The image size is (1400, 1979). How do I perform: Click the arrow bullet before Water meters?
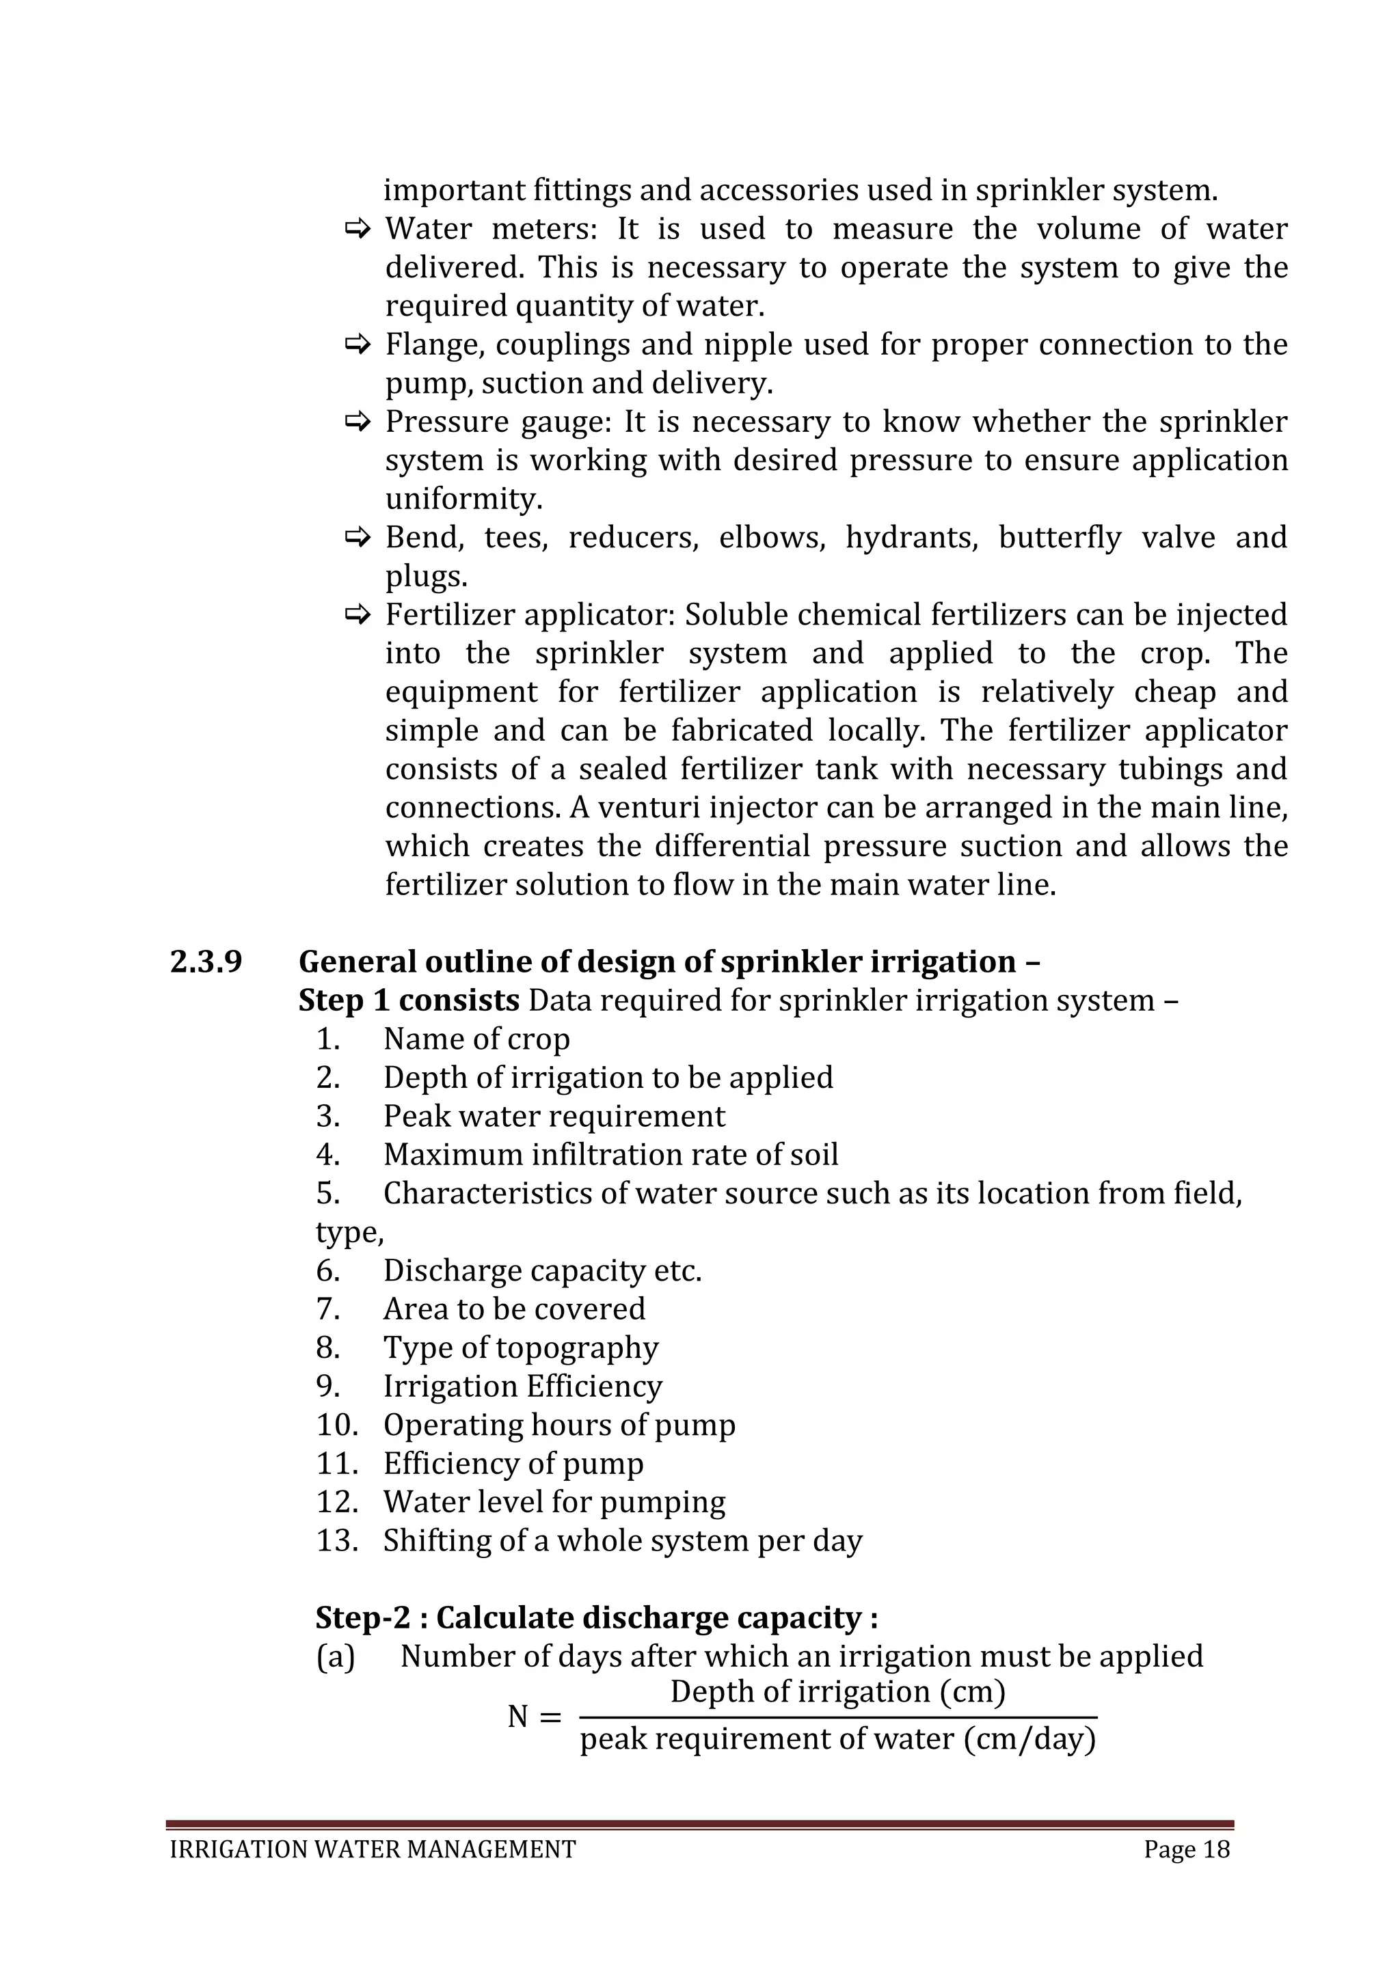point(356,230)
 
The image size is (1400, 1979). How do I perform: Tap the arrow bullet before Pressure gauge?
point(356,422)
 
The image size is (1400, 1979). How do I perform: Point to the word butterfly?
point(1060,538)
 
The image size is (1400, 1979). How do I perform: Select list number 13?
point(337,1540)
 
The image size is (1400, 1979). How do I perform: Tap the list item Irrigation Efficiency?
point(522,1386)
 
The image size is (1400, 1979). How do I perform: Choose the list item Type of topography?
point(521,1347)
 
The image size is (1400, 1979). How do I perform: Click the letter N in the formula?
point(517,1717)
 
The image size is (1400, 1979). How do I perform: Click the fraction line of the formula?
point(838,1718)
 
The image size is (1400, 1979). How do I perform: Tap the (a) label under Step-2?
point(336,1656)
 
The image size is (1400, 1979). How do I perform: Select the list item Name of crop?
point(476,1039)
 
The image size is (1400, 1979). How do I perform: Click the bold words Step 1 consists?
point(409,1000)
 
